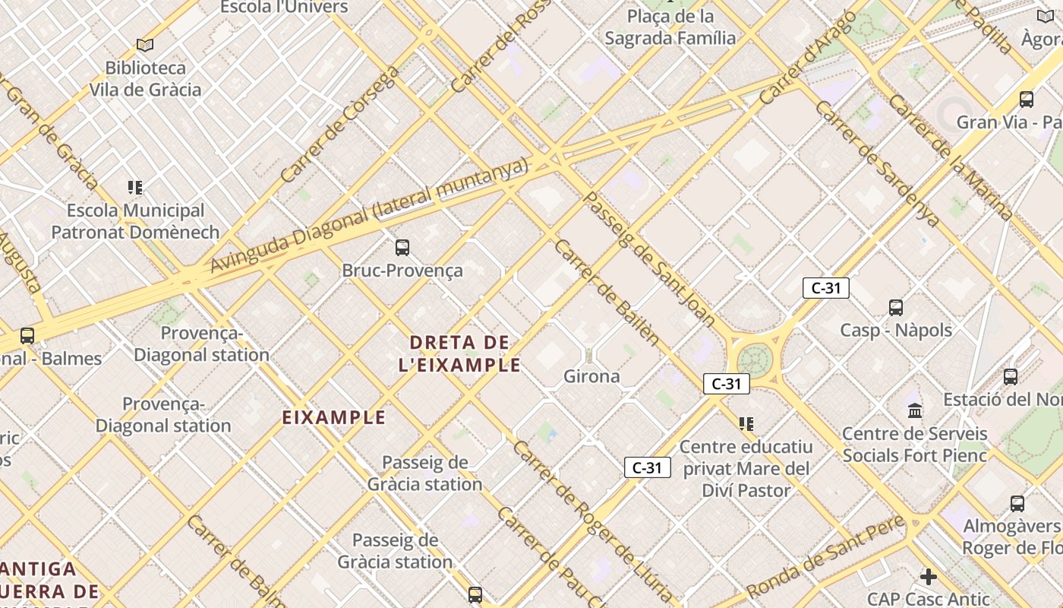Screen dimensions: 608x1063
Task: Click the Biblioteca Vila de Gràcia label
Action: tap(145, 79)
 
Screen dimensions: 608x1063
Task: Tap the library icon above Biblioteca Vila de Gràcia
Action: tap(145, 46)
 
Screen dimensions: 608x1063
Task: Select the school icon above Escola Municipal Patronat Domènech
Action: tap(135, 187)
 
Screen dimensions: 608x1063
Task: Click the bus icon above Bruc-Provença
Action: tap(402, 247)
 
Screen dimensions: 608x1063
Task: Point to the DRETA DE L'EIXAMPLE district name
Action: tap(459, 353)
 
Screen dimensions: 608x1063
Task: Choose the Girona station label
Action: tap(591, 376)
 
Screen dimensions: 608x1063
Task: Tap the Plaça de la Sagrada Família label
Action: tap(670, 27)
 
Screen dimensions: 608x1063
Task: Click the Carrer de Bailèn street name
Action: tap(607, 293)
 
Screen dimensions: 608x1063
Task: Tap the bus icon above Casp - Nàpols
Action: tap(896, 308)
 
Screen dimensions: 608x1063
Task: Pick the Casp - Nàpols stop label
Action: tap(896, 331)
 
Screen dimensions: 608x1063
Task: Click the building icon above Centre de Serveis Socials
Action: tap(915, 410)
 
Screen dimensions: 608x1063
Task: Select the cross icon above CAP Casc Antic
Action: tap(928, 577)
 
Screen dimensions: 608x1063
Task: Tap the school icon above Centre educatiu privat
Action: tap(746, 423)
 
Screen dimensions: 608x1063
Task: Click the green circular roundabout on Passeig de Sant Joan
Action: tap(753, 359)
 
